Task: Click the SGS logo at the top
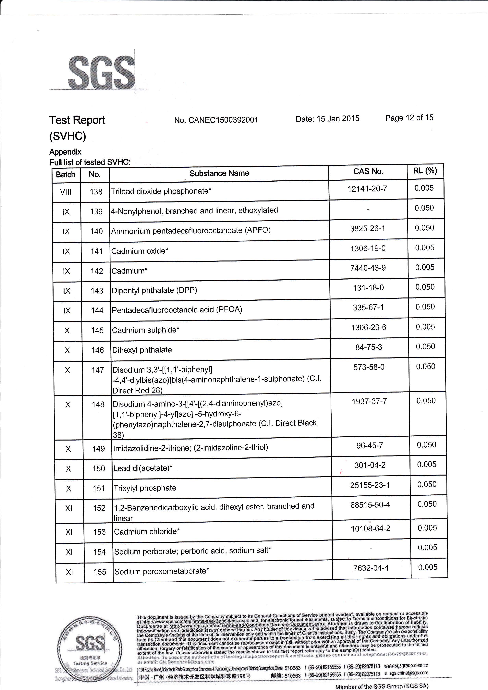click(101, 72)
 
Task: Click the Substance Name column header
click(219, 173)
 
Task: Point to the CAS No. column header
click(368, 171)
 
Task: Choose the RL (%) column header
click(425, 171)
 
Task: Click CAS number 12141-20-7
click(367, 189)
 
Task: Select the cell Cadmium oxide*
click(140, 251)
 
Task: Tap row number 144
click(97, 310)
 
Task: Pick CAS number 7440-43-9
click(368, 268)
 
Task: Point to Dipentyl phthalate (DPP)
click(154, 291)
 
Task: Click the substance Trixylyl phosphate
click(145, 488)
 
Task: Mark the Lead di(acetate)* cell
click(143, 468)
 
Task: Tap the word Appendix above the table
click(65, 152)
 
